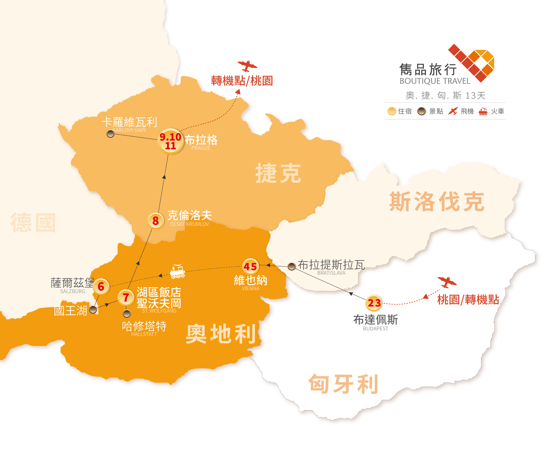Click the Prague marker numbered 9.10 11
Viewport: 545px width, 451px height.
[x=171, y=141]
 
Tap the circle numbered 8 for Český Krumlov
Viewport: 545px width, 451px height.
[x=155, y=221]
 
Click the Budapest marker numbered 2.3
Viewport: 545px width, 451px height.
[x=374, y=303]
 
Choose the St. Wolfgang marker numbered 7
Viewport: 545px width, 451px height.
[x=126, y=298]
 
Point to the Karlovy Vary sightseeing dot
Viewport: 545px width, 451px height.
[x=111, y=134]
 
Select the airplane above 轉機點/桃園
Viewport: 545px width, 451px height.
[x=247, y=66]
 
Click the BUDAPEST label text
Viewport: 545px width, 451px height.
[x=375, y=328]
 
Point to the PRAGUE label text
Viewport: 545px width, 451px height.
[x=201, y=148]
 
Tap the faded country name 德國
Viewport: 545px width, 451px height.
[x=33, y=223]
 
